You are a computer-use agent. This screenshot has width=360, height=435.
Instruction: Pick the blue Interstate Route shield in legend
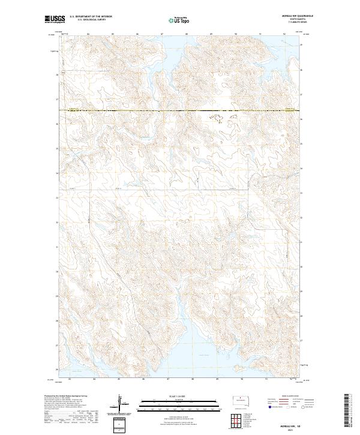[x=268, y=406]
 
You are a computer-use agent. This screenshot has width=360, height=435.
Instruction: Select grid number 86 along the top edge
[x=137, y=34]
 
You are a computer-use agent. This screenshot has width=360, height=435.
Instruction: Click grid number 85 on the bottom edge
[x=119, y=379]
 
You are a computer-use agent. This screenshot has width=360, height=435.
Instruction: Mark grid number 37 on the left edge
[x=58, y=100]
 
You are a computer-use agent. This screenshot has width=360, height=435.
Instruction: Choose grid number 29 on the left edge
[x=58, y=296]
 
